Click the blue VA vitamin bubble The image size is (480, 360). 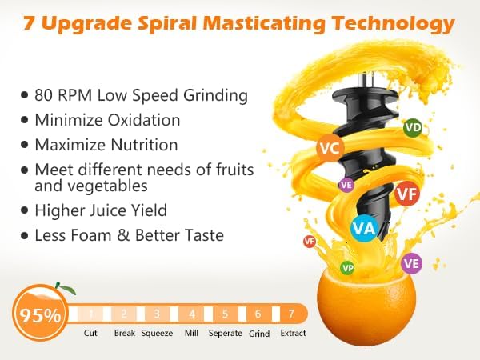364,228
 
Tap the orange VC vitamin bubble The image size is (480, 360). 330,148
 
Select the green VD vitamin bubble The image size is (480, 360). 413,127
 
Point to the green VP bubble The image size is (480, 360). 347,268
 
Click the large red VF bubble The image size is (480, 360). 407,194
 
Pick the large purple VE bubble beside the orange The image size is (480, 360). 411,263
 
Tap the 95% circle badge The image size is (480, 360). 40,314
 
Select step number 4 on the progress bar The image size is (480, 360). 192,314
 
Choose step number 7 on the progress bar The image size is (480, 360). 291,314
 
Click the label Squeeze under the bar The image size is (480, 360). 157,333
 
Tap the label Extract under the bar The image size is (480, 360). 293,333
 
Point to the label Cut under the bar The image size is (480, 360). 90,333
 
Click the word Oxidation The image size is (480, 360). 144,120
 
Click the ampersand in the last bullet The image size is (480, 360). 123,235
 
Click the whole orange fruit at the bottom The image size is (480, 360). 366,306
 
